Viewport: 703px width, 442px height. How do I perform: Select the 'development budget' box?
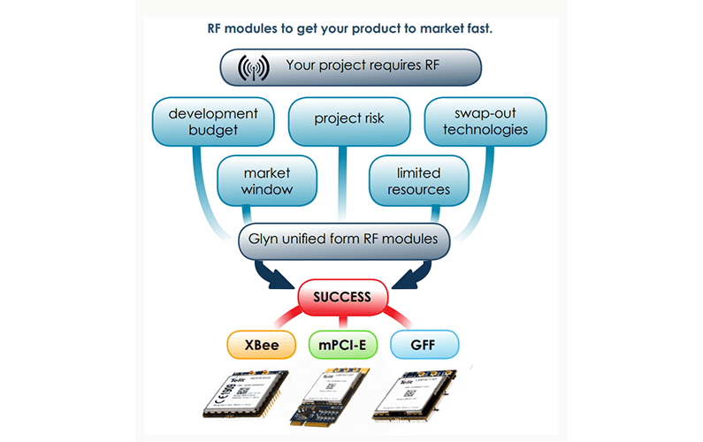coord(212,122)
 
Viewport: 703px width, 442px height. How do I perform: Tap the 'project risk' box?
coord(349,119)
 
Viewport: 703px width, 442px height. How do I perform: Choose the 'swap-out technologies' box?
coord(485,122)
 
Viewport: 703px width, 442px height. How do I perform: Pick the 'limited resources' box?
coord(418,180)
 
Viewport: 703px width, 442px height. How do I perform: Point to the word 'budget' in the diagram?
coord(212,130)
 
